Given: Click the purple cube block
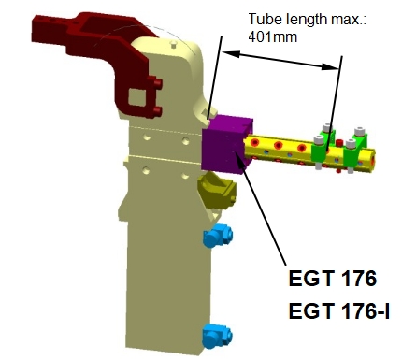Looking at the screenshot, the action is [226, 145].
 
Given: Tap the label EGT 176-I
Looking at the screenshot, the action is [339, 311].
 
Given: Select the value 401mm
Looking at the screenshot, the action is [273, 37].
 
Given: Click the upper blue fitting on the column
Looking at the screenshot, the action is [218, 236].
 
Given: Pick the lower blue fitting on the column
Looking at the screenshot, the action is [217, 336].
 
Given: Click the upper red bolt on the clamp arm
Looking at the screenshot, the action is [158, 83].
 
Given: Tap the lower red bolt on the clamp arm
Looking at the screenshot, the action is [158, 111].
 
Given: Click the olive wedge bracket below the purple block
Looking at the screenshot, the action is [217, 190].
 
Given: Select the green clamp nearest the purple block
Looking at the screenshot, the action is [323, 149].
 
